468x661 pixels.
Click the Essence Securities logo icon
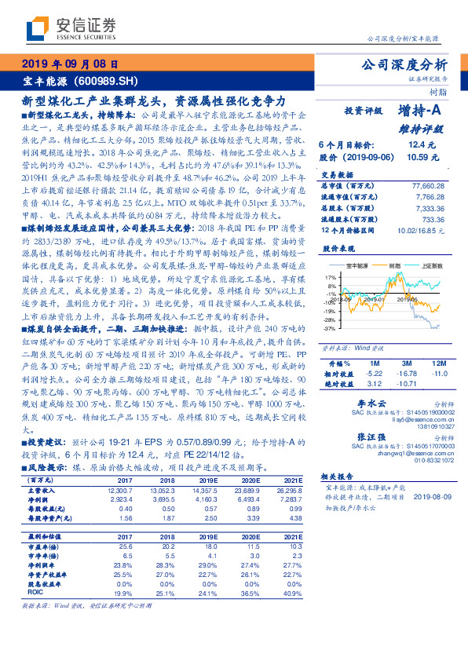35,31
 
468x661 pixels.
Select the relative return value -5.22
373,374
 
